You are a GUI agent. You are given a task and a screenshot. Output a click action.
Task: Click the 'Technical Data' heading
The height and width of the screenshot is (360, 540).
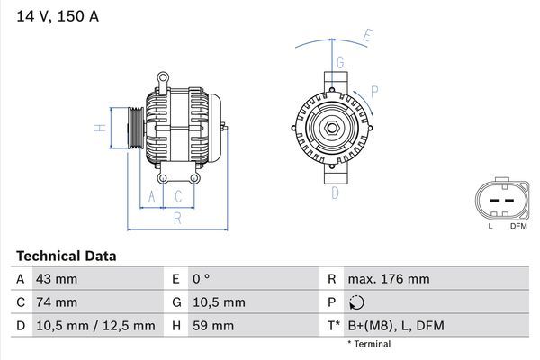[x=66, y=256]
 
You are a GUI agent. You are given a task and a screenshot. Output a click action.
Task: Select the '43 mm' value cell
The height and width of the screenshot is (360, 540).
[x=56, y=279]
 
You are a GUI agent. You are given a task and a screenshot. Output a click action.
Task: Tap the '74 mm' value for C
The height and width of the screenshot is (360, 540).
[x=56, y=302]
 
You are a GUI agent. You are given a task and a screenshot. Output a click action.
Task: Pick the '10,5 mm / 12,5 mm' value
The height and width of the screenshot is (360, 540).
[x=94, y=326]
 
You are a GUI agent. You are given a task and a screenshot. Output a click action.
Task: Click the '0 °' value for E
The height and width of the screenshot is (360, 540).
[x=201, y=279]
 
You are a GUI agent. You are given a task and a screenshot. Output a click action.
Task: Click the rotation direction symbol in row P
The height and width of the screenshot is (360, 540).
[x=357, y=303]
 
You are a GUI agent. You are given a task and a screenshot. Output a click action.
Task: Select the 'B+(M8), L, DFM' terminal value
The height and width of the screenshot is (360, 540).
[x=398, y=326]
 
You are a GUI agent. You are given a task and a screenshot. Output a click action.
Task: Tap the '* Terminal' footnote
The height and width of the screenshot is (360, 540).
[x=369, y=344]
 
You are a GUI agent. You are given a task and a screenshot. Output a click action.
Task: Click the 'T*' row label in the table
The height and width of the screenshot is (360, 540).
[x=332, y=326]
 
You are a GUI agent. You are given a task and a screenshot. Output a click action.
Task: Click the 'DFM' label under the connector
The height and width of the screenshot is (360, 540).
[x=518, y=226]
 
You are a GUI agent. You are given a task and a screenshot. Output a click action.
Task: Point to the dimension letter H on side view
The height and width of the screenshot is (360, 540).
[x=102, y=129]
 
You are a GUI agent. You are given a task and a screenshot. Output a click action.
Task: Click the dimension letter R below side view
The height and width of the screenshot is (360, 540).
[x=177, y=217]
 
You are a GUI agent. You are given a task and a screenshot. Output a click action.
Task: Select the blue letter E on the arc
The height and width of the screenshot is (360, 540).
[x=367, y=38]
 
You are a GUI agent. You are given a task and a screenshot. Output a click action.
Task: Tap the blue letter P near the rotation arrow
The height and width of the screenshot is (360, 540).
[x=374, y=90]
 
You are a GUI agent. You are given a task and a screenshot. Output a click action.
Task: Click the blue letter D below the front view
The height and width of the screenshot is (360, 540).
[x=335, y=193]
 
